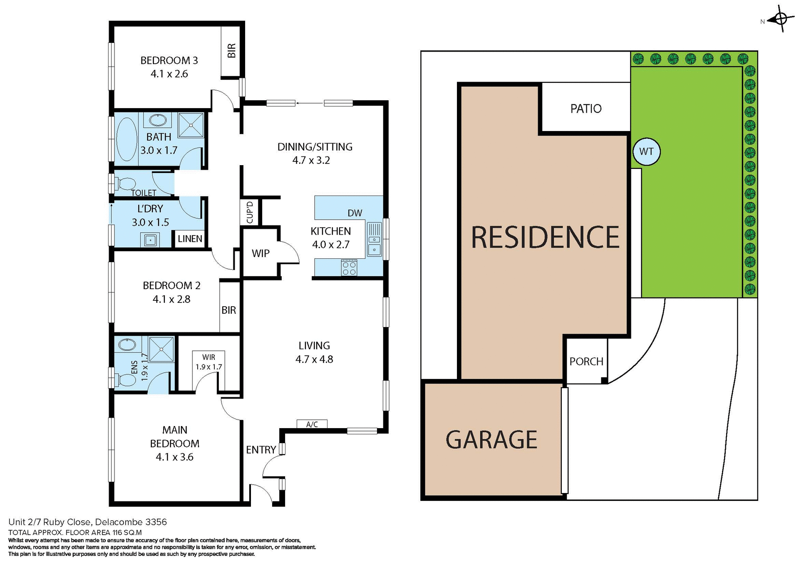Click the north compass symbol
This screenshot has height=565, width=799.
pos(781,19)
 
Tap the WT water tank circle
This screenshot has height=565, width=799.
pos(646,151)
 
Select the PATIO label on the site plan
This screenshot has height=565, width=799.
pos(586,109)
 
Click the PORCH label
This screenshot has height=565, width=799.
pos(586,361)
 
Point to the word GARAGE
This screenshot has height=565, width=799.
pos(491,440)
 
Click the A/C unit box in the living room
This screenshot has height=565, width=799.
pos(312,424)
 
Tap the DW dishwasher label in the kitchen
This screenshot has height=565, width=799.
pos(355,213)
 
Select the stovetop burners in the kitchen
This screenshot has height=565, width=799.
pos(349,268)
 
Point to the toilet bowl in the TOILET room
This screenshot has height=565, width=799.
pos(126,183)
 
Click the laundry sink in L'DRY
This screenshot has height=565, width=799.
pos(150,240)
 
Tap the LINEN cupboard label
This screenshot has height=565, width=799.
pos(190,239)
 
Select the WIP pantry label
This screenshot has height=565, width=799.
pos(261,253)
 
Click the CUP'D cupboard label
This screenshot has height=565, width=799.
pos(250,213)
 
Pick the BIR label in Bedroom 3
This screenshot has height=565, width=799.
pos(231,50)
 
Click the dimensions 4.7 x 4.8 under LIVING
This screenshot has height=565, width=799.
pos(314,359)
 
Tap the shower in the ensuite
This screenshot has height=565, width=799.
pos(161,349)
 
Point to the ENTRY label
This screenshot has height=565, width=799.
pos(261,449)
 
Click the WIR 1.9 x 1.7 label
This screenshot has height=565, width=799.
pos(208,362)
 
